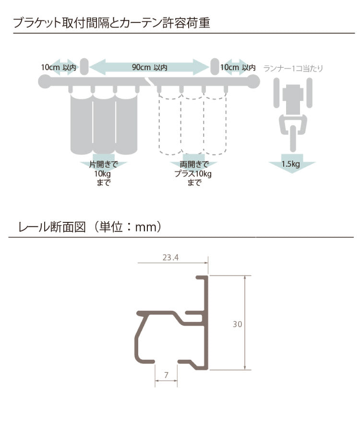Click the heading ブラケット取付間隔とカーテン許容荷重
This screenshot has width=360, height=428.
point(111,23)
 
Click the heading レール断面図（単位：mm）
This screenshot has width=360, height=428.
point(89,227)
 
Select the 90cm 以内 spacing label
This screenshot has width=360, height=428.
point(149,67)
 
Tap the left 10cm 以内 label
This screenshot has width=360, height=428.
point(58,67)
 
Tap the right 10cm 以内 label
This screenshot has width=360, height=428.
point(238,67)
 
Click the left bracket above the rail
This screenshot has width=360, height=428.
point(84,67)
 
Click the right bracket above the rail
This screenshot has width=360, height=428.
point(214,67)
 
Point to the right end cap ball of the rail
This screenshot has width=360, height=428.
point(252,82)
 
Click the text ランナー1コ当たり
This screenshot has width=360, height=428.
point(293,68)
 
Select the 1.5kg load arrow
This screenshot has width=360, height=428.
point(291,165)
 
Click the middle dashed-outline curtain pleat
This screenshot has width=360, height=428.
point(193,125)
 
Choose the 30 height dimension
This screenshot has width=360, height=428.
point(237,324)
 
